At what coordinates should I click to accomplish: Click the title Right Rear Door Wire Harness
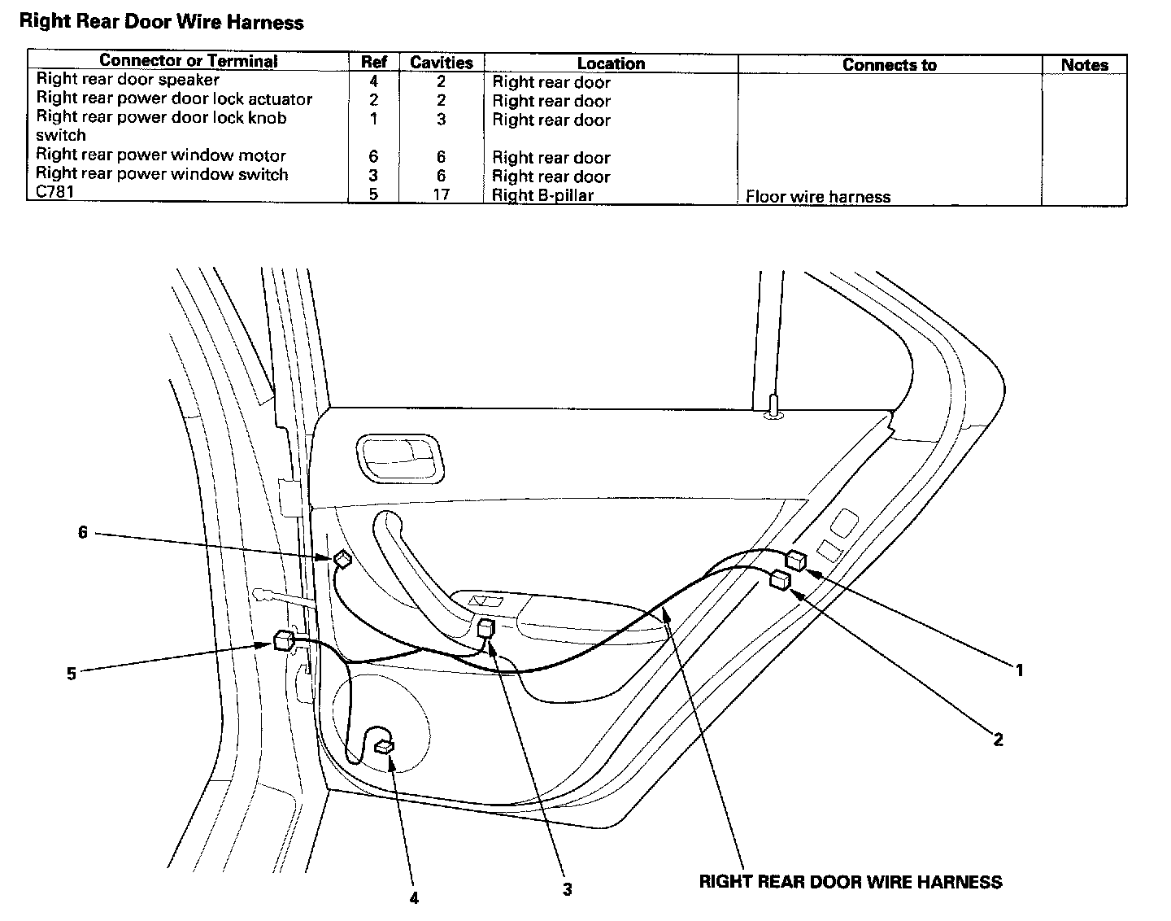tap(161, 23)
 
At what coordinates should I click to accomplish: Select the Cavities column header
tap(441, 63)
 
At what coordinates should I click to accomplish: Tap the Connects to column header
tap(889, 65)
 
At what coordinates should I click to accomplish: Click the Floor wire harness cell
tap(817, 197)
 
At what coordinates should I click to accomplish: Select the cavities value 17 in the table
tap(441, 194)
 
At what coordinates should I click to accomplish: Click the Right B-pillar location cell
tap(542, 196)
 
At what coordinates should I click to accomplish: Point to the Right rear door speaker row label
tap(128, 80)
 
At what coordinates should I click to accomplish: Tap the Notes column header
tap(1084, 65)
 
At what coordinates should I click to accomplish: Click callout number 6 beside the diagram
tap(83, 533)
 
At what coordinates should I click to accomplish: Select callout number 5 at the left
tap(72, 674)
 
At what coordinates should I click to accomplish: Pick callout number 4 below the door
tap(414, 898)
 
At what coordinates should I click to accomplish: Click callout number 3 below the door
tap(567, 889)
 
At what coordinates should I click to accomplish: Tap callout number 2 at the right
tap(998, 739)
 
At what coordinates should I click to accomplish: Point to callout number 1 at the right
tap(1018, 670)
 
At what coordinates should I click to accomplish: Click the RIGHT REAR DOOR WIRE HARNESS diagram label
tap(850, 882)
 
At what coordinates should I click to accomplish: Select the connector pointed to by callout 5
tap(285, 640)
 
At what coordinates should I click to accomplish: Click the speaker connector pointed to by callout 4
tap(383, 747)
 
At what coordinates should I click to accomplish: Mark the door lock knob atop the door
tap(773, 404)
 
